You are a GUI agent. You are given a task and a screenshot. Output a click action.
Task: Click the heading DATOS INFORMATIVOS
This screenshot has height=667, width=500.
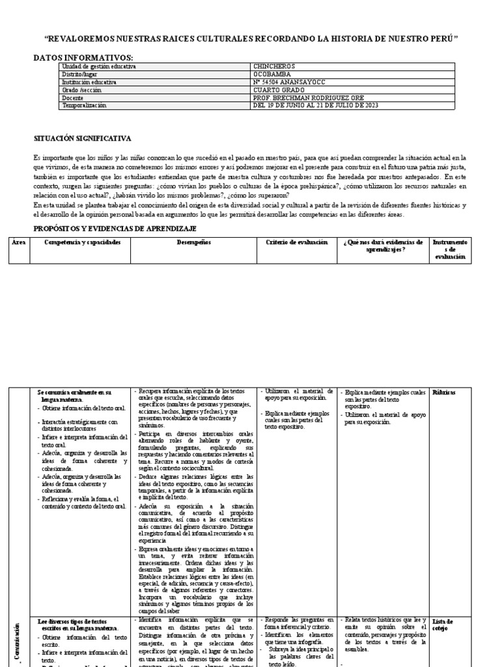(83, 58)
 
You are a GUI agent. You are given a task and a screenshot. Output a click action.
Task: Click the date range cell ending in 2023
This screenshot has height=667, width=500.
(314, 106)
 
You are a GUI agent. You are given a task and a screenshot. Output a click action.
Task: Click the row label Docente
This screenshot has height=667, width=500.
(73, 98)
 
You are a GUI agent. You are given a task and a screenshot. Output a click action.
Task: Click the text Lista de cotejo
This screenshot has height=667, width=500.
(443, 625)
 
